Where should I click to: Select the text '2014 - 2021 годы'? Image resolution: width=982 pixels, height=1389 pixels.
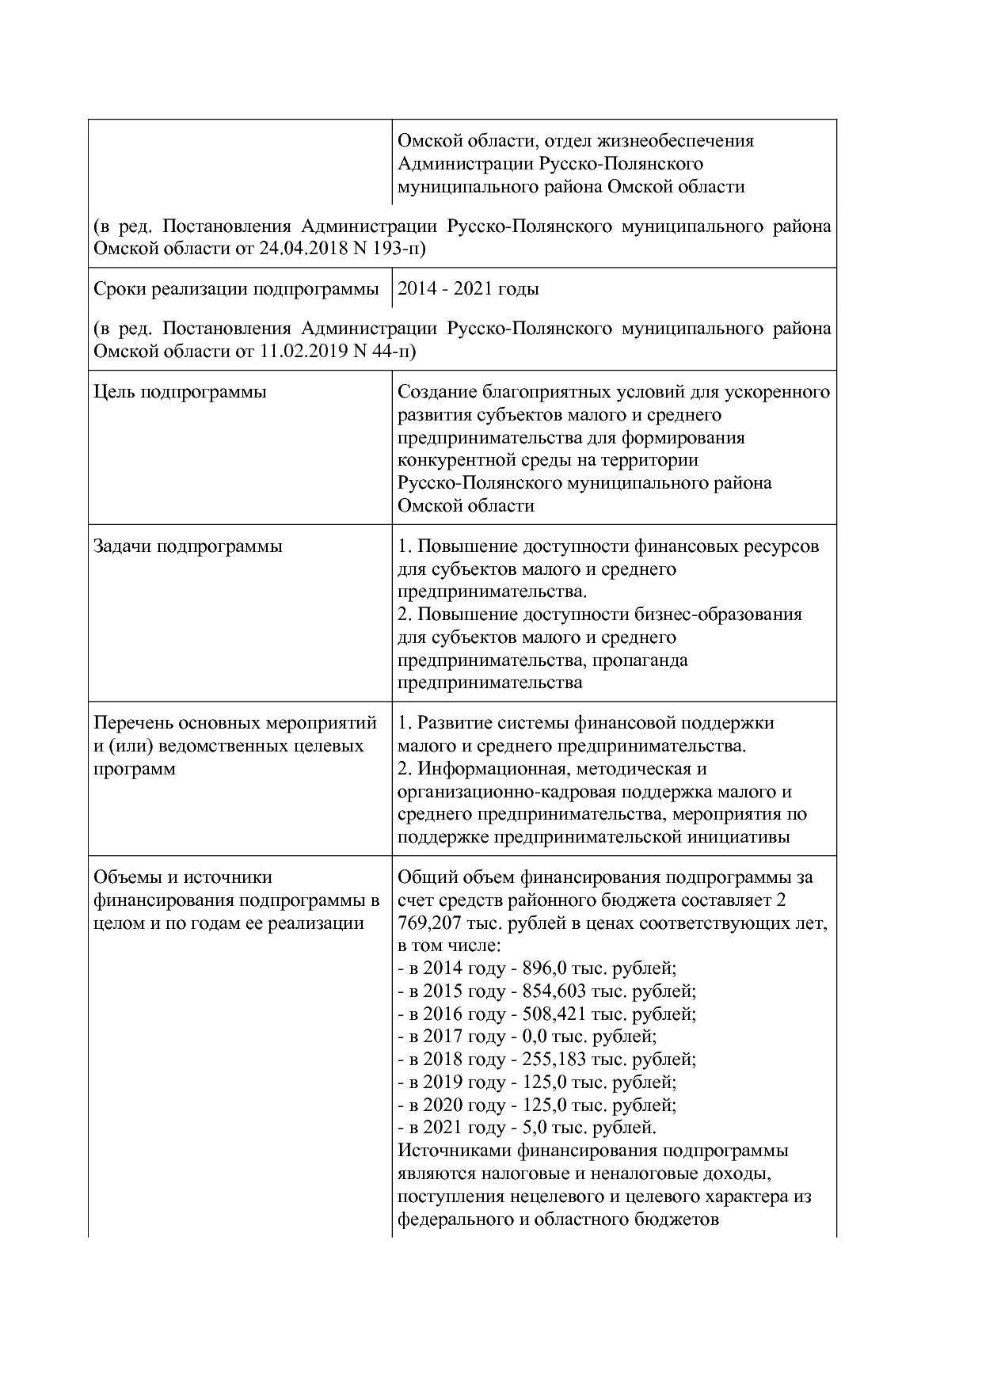coord(468,289)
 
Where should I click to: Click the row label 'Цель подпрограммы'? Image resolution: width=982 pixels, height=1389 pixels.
coord(180,392)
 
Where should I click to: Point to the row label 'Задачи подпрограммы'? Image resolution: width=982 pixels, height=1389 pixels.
coord(188,546)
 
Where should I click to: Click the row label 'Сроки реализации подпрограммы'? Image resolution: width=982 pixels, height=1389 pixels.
coord(236,289)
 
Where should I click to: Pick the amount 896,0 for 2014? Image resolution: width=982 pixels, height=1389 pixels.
coord(542,968)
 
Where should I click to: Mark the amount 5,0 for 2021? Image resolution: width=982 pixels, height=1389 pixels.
coord(535,1128)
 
